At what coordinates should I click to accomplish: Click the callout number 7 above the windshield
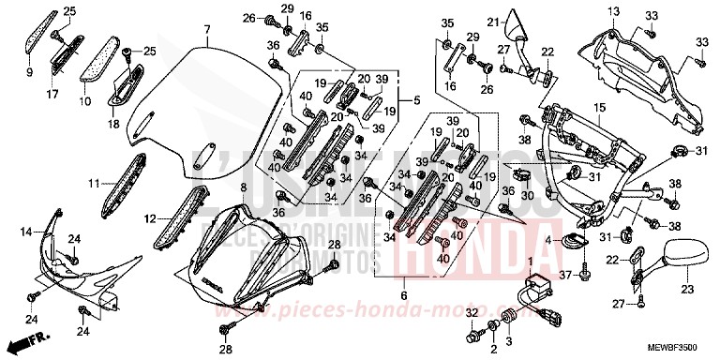[205, 32]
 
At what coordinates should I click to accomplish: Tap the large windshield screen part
[206, 103]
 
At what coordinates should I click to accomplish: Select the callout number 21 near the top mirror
[490, 22]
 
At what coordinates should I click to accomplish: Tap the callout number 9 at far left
[29, 70]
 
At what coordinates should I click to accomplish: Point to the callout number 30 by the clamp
[529, 195]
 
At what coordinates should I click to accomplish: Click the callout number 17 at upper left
[53, 94]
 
